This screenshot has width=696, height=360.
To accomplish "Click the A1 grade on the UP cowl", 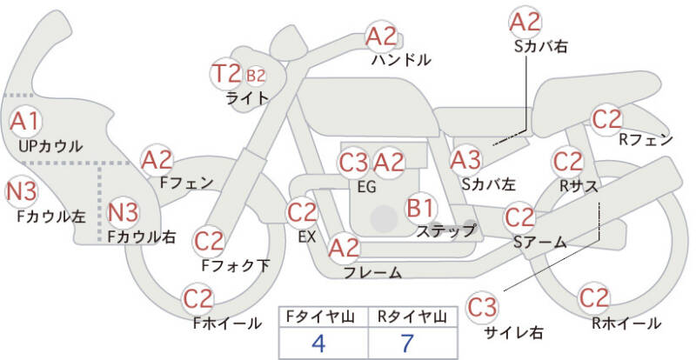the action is [25, 121].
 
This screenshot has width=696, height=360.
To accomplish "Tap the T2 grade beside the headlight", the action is [225, 74].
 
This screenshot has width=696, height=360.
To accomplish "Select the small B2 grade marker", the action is [256, 76].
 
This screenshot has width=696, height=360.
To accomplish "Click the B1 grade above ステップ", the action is [420, 207].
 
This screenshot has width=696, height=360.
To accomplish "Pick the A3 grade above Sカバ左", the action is [465, 160].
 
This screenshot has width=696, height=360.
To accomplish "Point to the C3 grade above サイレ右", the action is [482, 307].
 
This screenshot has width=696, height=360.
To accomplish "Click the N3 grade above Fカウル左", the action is [21, 192].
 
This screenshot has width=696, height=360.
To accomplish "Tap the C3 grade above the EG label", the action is [354, 163].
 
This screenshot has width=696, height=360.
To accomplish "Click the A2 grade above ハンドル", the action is [381, 37].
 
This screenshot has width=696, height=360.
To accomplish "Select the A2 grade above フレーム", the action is [344, 249].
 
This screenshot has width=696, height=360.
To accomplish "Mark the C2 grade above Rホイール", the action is [594, 298].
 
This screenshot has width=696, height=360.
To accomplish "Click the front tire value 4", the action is [318, 343].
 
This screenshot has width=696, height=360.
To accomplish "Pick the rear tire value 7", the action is [406, 343].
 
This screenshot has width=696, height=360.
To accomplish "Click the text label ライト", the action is [247, 98].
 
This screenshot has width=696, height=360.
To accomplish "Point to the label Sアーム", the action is [539, 242].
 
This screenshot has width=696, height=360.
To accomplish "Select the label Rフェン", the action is [646, 140].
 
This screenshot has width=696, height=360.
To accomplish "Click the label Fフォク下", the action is [235, 265].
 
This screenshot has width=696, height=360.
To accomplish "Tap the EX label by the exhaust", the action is [307, 237].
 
